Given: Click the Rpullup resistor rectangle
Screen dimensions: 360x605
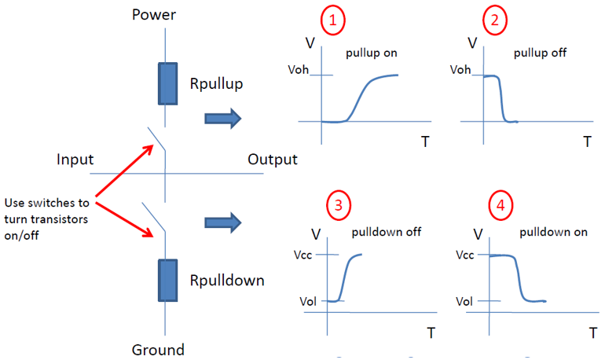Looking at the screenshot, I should [x=167, y=83].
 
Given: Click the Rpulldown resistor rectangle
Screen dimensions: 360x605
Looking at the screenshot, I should [x=167, y=278].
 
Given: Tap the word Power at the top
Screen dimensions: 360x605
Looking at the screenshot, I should [x=155, y=15].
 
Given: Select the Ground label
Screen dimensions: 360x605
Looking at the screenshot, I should [x=158, y=350].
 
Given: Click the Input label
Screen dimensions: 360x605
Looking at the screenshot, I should [x=76, y=160].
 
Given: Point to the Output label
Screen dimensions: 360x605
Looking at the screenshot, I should [x=273, y=160].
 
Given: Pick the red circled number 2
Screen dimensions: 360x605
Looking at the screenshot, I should [x=494, y=21].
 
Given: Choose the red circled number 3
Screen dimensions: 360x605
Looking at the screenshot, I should [x=338, y=206].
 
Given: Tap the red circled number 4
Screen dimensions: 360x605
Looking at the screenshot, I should [x=499, y=206].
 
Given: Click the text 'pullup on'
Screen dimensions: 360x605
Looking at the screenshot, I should [x=372, y=53].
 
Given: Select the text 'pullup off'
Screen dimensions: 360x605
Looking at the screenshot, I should [x=539, y=53].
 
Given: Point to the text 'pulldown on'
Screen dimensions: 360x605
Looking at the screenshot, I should [x=547, y=233].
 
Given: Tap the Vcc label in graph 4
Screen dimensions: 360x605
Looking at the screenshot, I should [x=466, y=255].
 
